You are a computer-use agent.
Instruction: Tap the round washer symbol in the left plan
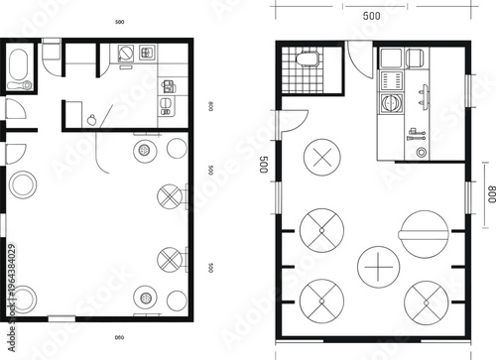point(127,55)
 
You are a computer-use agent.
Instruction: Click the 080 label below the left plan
point(118,338)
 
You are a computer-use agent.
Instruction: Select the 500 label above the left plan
point(119,21)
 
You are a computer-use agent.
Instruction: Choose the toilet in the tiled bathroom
point(308,57)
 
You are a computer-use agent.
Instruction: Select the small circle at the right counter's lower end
point(421,153)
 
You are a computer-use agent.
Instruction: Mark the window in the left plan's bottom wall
point(62,318)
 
